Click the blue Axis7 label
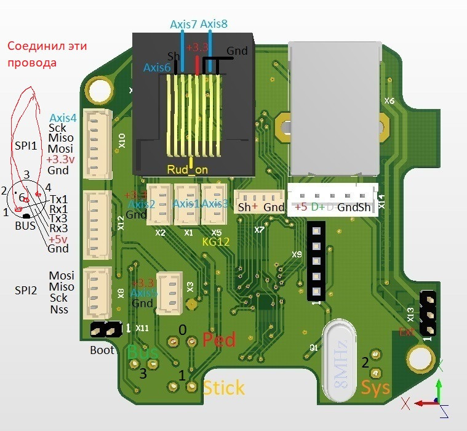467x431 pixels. pos(183,25)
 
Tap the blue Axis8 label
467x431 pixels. pos(214,25)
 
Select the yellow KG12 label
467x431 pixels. pos(216,242)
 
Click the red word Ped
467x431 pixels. pos(219,340)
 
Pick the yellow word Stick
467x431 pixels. pos(223,388)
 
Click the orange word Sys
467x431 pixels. pos(375,388)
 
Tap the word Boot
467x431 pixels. pos(102,350)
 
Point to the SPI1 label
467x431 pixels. pos(26,145)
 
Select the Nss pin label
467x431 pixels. pos(59,310)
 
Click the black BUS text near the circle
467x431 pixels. pos(25,226)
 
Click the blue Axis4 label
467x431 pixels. pos(63,118)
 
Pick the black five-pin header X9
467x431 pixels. pos(316,261)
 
